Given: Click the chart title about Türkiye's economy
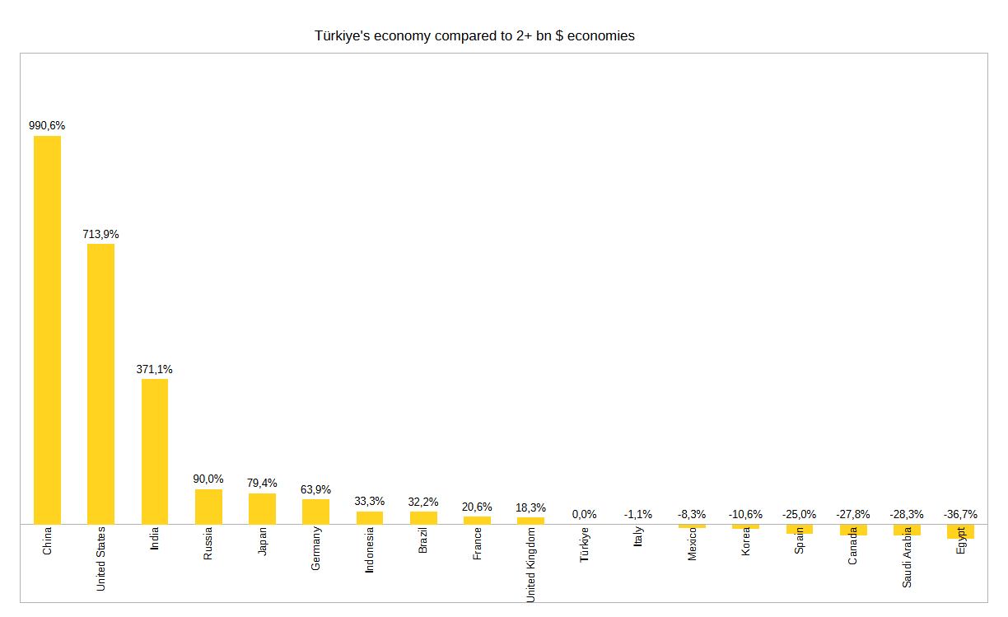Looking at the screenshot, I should coord(474,36).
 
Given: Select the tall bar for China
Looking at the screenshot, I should coord(47,330).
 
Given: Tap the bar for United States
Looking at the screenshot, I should coord(100,384).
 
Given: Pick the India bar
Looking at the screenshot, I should coord(155,451).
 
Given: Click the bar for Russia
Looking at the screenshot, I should coord(208,507).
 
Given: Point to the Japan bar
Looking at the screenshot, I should coord(262,509).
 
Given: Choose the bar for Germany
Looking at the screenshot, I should coord(315,512).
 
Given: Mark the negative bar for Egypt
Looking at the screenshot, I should coord(960,531).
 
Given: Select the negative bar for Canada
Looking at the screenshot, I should coord(853,530).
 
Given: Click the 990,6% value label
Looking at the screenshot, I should coord(47,126).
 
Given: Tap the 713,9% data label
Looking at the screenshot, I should coord(100,234).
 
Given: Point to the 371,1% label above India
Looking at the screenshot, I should coord(155,369).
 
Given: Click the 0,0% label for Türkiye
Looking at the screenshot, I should coord(584,514).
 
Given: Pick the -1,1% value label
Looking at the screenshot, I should coord(638,514).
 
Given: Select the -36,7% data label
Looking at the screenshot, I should coord(960,514).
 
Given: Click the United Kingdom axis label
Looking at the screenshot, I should coord(531,565).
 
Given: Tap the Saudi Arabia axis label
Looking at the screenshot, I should coord(907,557).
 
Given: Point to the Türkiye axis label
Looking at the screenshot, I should coord(585,545).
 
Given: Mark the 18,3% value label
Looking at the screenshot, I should coord(530,507).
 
